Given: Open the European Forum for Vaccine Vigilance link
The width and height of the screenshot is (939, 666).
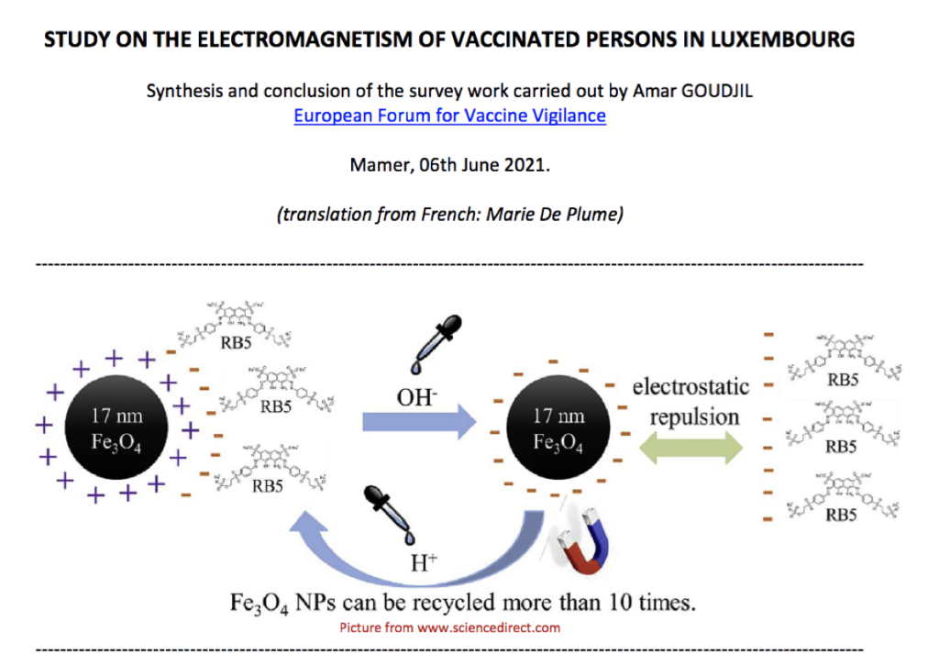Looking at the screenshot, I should pyautogui.click(x=449, y=117).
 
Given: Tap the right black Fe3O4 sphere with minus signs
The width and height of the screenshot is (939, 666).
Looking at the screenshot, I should pyautogui.click(x=558, y=428).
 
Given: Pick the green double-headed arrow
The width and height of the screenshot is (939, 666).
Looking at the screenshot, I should pyautogui.click(x=693, y=449).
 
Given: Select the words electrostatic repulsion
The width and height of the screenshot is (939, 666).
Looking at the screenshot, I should pyautogui.click(x=690, y=402).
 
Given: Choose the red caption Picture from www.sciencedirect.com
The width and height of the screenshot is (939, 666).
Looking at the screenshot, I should pyautogui.click(x=449, y=628).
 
